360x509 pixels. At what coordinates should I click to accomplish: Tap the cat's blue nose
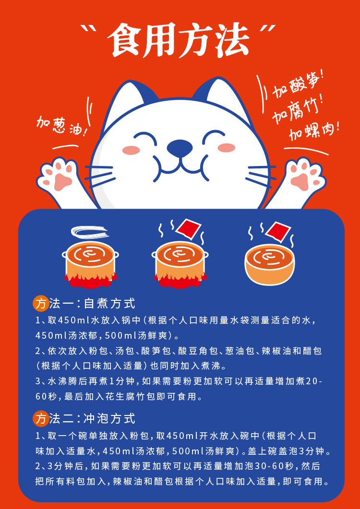179,147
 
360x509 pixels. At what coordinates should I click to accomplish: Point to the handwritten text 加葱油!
62,127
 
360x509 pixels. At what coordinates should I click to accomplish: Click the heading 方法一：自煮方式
84,304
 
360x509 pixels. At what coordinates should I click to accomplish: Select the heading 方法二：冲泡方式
84,418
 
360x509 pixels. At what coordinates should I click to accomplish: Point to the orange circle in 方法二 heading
40,419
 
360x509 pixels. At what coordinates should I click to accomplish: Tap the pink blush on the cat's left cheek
131,150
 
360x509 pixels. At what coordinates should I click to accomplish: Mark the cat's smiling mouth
179,165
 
